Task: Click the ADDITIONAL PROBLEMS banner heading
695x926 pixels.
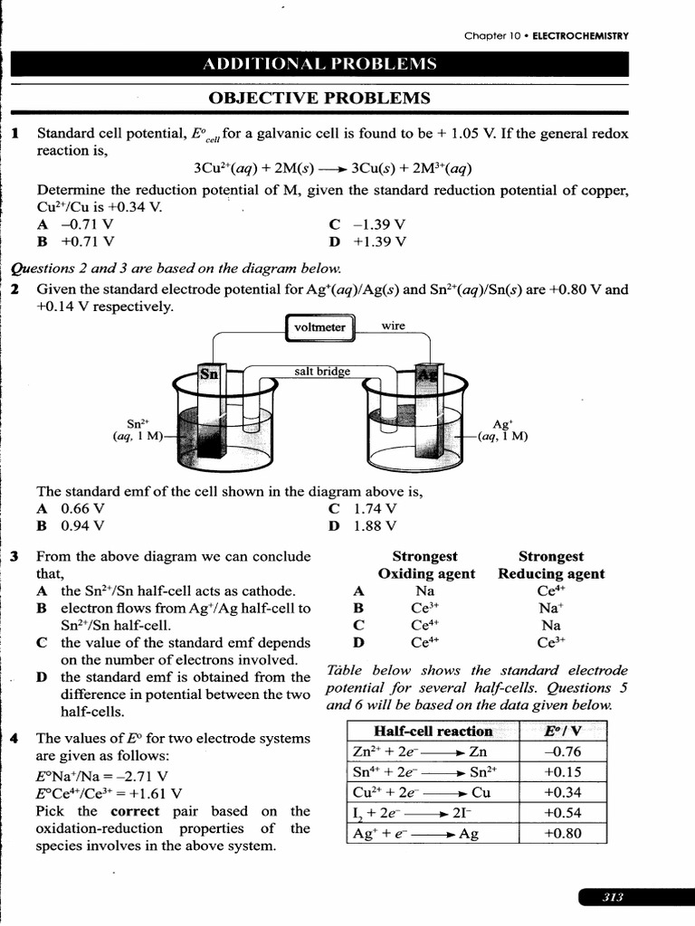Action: (319, 63)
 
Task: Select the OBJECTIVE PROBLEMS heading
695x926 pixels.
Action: (319, 98)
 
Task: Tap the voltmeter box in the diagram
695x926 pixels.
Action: (320, 327)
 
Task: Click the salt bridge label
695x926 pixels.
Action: (320, 371)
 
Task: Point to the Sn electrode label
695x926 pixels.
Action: (209, 373)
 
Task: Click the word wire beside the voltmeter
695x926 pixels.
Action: (394, 326)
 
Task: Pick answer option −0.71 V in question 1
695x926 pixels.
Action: (87, 224)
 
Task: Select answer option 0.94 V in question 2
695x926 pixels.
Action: (82, 524)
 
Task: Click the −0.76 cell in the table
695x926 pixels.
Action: (562, 751)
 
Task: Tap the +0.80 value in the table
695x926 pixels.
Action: (562, 833)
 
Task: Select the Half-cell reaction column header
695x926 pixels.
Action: (433, 731)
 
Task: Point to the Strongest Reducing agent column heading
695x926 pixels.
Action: (550, 565)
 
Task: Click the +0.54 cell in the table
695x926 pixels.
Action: (562, 812)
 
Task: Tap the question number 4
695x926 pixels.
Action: (14, 738)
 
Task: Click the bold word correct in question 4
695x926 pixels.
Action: (134, 810)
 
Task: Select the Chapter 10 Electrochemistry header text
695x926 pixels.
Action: (546, 36)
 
